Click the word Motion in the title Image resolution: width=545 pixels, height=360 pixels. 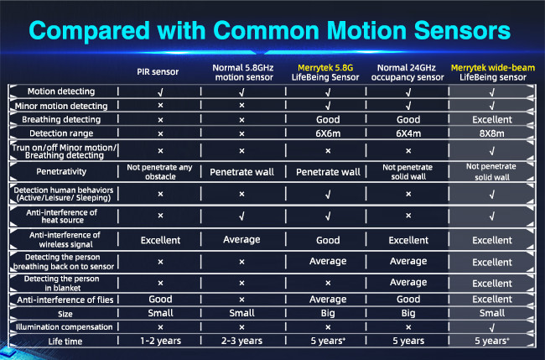pos(366,30)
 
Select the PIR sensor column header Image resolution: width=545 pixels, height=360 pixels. pos(158,72)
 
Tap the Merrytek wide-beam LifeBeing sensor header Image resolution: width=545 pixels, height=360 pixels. pos(492,72)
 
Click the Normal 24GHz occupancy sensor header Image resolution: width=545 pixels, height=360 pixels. pos(407,72)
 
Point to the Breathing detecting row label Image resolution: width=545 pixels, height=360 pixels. pos(61,120)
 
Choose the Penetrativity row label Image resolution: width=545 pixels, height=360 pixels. pos(61,171)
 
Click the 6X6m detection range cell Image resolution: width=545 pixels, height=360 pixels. pos(328,133)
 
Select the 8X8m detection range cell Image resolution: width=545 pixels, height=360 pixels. pos(492,133)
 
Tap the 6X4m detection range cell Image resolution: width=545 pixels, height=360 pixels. pos(408,133)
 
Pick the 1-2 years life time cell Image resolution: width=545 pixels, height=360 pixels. pos(161,341)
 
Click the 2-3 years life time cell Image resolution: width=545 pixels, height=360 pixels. pos(242,341)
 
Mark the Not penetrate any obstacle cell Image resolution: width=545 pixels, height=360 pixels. pos(159,172)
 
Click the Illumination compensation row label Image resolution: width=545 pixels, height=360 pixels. pos(64,327)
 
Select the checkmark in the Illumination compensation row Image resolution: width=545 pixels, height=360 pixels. pos(492,327)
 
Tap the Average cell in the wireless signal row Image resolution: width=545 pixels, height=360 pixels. pos(242,240)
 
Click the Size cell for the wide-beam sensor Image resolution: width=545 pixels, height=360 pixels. pos(492,313)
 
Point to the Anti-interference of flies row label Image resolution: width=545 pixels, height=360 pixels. pos(65,300)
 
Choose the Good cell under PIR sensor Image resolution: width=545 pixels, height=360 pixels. pos(161,299)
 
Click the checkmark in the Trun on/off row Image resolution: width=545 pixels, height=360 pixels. pos(492,151)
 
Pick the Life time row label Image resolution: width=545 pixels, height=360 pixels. pos(65,342)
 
